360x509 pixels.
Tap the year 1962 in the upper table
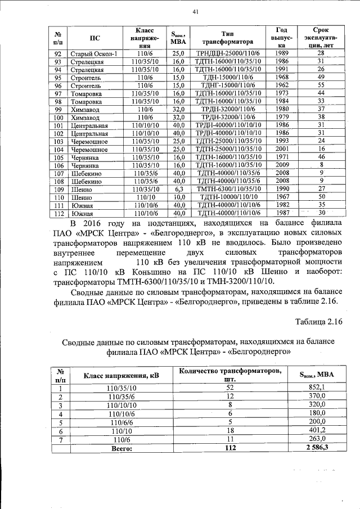point(282,85)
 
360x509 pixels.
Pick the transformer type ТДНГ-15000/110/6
point(228,85)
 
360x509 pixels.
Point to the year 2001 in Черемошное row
point(282,150)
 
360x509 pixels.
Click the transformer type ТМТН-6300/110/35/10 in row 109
point(228,189)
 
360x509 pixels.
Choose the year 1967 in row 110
point(282,197)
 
